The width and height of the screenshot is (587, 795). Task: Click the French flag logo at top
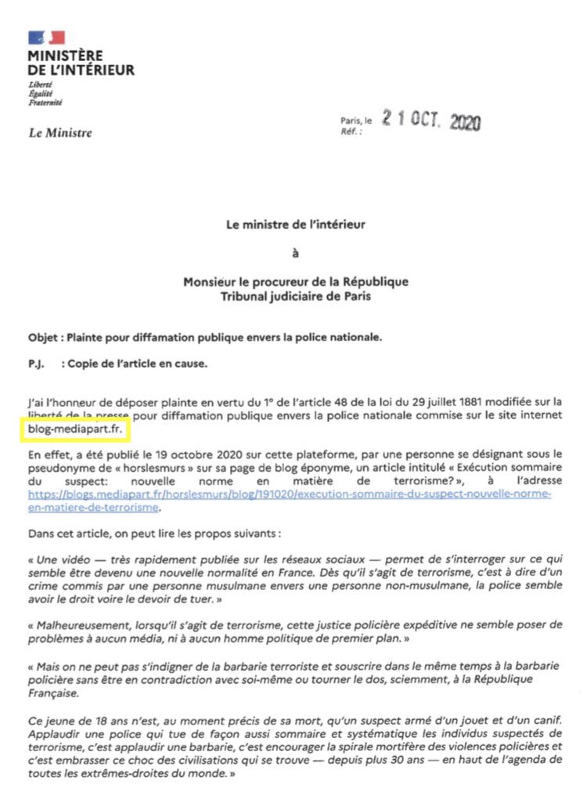point(46,38)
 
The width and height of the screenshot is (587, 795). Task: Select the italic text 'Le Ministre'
point(60,133)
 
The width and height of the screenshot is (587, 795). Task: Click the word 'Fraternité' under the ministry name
point(45,103)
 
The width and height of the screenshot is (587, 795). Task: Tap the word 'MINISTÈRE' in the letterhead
point(65,56)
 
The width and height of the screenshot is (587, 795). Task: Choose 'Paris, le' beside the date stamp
point(357,121)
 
